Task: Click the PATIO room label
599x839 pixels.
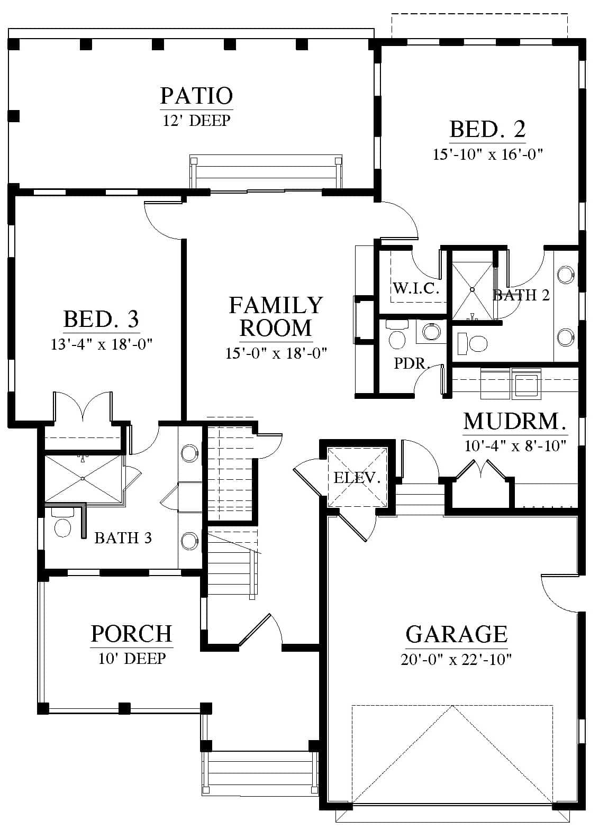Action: (197, 96)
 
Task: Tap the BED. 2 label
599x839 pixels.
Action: (487, 129)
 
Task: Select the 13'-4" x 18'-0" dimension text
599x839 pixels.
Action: (102, 344)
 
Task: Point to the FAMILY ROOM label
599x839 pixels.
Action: (276, 316)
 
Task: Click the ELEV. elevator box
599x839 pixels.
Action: (357, 478)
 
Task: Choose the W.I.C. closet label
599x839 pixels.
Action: (416, 288)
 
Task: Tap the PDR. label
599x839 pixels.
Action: (411, 363)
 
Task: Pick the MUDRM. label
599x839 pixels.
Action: (515, 422)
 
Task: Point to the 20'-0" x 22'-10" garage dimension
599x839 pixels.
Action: (456, 660)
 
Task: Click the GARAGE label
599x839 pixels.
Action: (456, 634)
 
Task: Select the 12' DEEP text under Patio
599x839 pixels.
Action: (196, 121)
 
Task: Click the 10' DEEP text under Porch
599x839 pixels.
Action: (132, 659)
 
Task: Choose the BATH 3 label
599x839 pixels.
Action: (123, 538)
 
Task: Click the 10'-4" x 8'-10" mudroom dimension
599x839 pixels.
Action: (515, 446)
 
